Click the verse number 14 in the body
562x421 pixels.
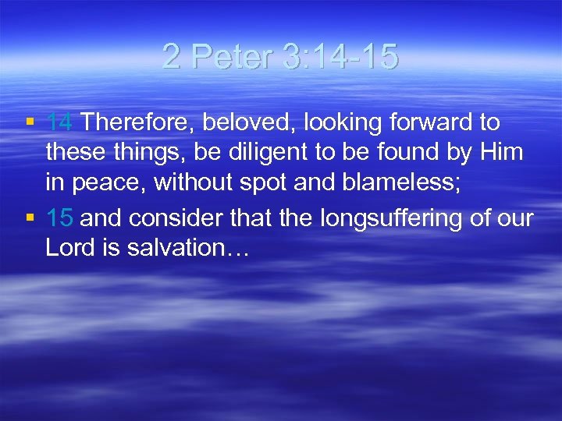click(x=59, y=123)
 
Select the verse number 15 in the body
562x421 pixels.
click(x=59, y=219)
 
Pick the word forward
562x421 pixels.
click(x=429, y=123)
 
